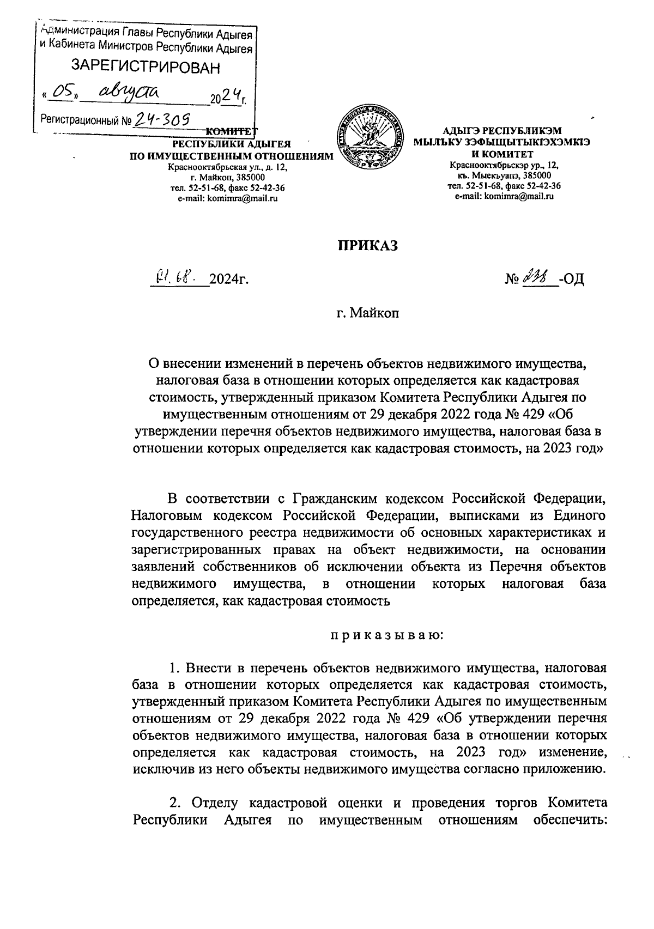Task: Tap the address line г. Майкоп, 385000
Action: [228, 178]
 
